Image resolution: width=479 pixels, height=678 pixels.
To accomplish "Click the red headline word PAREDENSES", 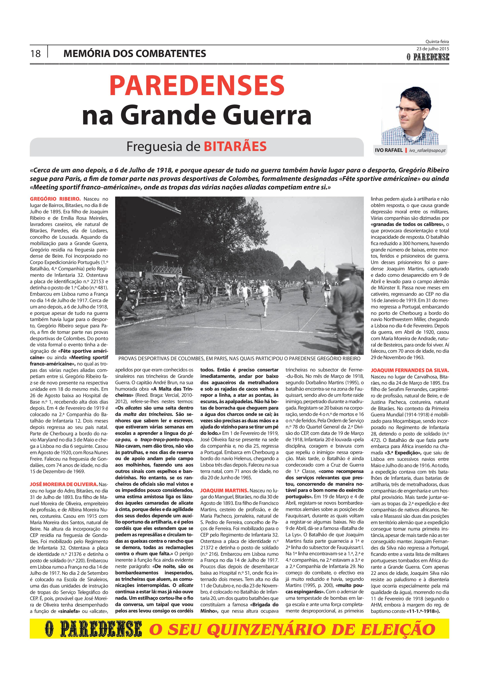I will [x=197, y=86].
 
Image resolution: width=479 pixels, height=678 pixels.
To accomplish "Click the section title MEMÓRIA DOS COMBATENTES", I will [x=135, y=54].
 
